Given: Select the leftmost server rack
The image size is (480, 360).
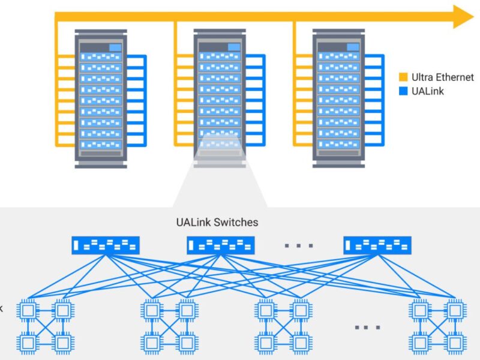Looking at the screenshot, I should coord(101,99).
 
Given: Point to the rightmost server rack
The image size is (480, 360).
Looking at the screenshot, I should coord(339,99).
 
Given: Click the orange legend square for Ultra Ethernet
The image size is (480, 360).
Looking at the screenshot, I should coord(403,77).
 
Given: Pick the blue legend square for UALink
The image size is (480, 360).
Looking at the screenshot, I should coord(403,91).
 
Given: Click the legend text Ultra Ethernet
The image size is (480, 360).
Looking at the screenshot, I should coord(442,77).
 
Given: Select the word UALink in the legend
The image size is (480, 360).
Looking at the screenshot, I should coord(428,91).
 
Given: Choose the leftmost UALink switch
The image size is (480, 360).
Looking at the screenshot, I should coord(106,245).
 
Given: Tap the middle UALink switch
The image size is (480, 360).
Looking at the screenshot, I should coord(220,245).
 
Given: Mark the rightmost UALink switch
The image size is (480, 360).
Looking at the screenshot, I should coord(377,245).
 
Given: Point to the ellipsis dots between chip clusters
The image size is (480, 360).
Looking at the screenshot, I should coord(367,327).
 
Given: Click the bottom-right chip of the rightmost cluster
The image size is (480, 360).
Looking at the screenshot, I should coord(454,343).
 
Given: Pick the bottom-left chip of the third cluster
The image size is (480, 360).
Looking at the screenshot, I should coord(265,343).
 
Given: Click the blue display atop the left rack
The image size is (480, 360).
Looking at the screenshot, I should coord(115,47).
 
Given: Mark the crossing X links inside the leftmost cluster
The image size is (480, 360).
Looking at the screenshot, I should coord(44,326).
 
